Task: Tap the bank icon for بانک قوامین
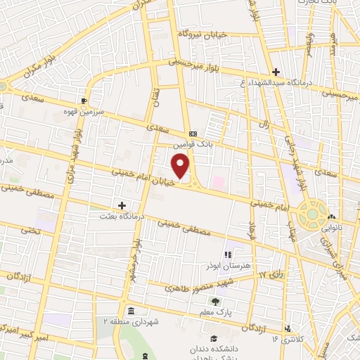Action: (192, 134)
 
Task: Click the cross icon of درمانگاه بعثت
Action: (122, 205)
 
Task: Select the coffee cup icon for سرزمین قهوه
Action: (84, 101)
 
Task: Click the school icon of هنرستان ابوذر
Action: (227, 254)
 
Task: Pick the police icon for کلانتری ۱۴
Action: (288, 328)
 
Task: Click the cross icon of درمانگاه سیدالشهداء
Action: (276, 72)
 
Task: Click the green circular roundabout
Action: (311, 214)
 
